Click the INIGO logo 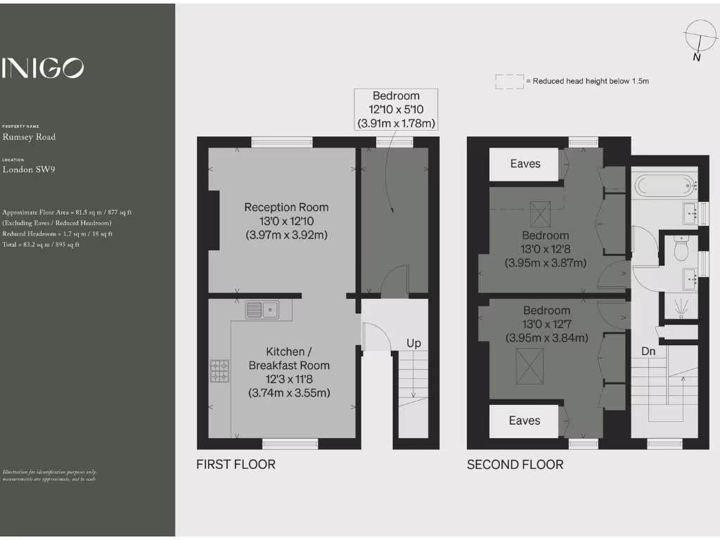point(43,68)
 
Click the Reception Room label point(286,207)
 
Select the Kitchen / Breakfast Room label point(289,359)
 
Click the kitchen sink point(262,309)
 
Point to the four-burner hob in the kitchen point(220,371)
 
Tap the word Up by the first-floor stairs point(414,343)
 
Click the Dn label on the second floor point(648,350)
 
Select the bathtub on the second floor point(664,187)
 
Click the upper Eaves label point(525,164)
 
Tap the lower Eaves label point(525,420)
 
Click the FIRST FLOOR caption point(236,464)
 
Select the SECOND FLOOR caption point(515,464)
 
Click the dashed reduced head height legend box point(510,82)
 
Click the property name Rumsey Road point(29,137)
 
